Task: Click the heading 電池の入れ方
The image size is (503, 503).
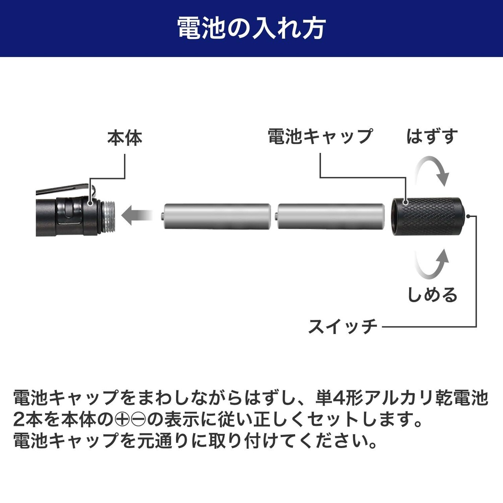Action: click(x=251, y=28)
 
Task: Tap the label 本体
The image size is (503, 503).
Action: click(x=125, y=138)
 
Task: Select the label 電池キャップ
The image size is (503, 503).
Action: click(x=320, y=136)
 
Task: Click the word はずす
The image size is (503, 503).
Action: click(x=432, y=136)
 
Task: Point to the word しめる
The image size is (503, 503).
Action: click(x=432, y=295)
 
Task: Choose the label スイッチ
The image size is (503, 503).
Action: click(x=343, y=327)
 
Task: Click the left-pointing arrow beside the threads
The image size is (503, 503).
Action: click(x=136, y=215)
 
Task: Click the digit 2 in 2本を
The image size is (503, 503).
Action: click(x=19, y=420)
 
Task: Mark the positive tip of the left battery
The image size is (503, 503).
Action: click(x=162, y=215)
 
